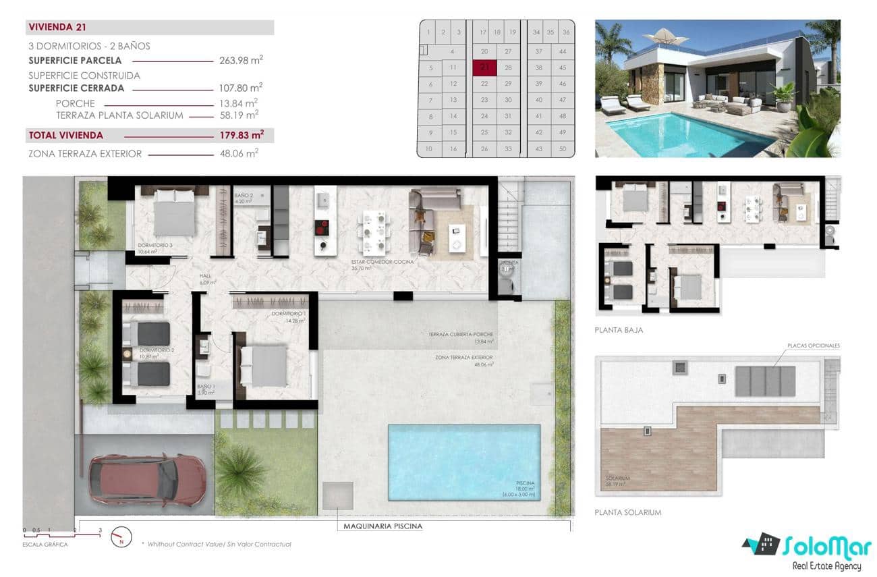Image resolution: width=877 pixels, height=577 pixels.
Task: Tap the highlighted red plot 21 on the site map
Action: [484, 68]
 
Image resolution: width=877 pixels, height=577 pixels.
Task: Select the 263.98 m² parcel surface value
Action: [241, 60]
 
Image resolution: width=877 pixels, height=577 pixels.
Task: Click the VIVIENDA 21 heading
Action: [57, 28]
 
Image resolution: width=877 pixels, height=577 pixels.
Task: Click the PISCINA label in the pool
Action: [526, 484]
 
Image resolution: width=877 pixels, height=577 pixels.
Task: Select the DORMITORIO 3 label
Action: [155, 245]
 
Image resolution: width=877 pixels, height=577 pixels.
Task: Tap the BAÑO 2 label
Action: [243, 195]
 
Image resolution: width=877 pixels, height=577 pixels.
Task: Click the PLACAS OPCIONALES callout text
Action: [813, 346]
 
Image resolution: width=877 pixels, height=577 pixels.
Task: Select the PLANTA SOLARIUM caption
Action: [627, 513]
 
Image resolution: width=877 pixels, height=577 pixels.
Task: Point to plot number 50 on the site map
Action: [562, 148]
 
